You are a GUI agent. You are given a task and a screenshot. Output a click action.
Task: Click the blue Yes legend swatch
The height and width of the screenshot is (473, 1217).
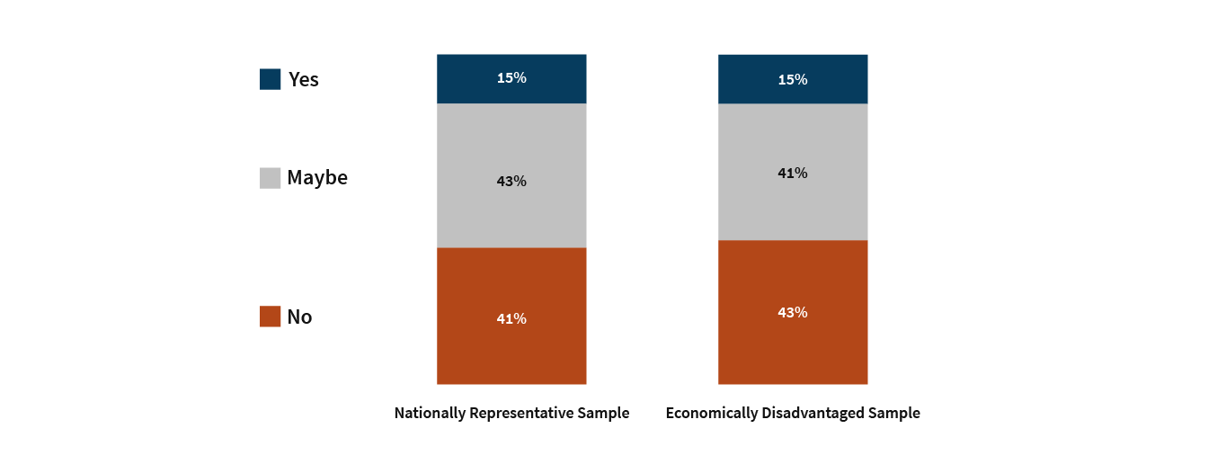click(x=270, y=79)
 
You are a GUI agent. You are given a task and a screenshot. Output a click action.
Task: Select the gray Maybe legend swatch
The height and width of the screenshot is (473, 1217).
click(x=270, y=178)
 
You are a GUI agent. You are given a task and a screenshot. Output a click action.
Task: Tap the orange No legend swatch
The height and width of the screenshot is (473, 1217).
click(x=270, y=317)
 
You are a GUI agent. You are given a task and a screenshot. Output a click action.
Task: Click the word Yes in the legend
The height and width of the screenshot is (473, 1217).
click(x=304, y=79)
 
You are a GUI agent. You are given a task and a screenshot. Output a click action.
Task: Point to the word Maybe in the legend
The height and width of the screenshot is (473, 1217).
click(x=317, y=178)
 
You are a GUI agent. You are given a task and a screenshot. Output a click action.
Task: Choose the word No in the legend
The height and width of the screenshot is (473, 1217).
click(x=299, y=317)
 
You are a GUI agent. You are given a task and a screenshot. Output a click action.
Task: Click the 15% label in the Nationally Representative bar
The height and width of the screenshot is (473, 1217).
click(x=511, y=77)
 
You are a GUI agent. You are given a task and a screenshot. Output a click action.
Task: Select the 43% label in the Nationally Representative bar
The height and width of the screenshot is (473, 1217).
click(x=511, y=181)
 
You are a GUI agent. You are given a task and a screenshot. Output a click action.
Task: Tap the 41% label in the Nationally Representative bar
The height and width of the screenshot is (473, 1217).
click(x=511, y=318)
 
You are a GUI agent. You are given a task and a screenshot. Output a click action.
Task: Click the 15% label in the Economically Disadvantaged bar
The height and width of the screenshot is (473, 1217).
click(x=793, y=80)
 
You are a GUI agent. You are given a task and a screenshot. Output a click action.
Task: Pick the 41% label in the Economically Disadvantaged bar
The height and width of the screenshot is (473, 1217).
click(x=793, y=173)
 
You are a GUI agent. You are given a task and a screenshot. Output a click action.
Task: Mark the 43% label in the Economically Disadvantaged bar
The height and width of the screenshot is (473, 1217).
click(x=793, y=313)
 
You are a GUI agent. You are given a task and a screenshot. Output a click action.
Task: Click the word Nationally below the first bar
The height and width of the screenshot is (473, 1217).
click(x=430, y=414)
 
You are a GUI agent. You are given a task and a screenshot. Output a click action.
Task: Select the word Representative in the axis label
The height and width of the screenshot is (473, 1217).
click(x=521, y=414)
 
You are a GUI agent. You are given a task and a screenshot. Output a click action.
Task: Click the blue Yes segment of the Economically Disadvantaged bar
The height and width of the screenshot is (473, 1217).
click(x=793, y=79)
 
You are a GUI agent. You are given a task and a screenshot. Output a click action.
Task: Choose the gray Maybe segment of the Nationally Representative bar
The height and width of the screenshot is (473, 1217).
click(x=511, y=175)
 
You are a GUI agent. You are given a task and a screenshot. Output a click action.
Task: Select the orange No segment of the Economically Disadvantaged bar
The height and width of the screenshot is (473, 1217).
click(x=793, y=312)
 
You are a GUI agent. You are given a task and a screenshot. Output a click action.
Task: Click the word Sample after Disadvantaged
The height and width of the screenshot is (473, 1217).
click(x=893, y=414)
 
